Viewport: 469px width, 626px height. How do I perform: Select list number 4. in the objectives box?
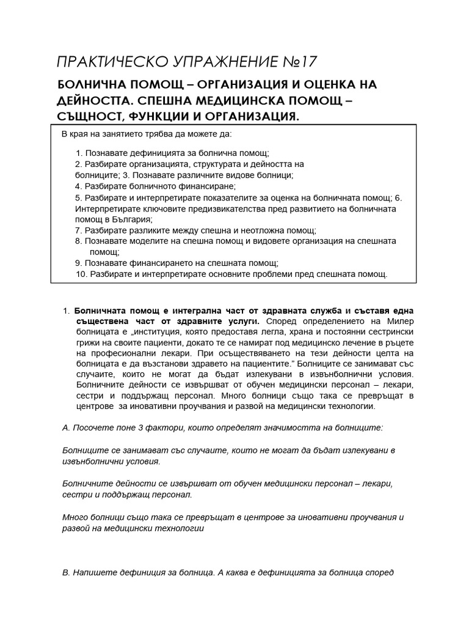[x=78, y=186]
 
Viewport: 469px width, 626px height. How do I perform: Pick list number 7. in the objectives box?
[x=78, y=230]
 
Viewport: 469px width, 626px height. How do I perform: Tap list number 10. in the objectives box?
[x=81, y=274]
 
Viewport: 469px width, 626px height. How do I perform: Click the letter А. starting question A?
[x=67, y=428]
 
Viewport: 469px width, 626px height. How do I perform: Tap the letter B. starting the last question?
[x=67, y=573]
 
